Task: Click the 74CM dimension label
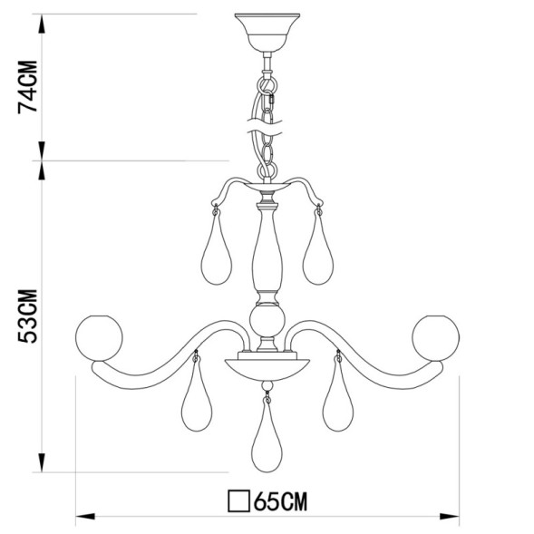pyautogui.click(x=30, y=87)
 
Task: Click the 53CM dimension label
pyautogui.click(x=30, y=316)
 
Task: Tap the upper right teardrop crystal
pyautogui.click(x=316, y=253)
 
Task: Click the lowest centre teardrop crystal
pyautogui.click(x=266, y=439)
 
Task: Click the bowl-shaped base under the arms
pyautogui.click(x=266, y=367)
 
